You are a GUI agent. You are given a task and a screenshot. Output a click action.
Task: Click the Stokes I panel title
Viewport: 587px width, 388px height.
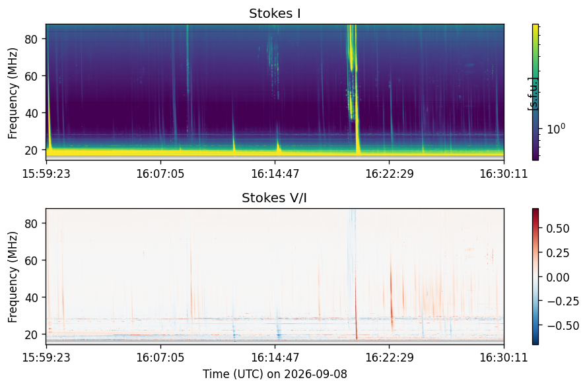click(x=275, y=13)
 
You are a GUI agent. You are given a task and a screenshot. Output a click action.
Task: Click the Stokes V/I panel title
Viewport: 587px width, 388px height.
click(x=275, y=198)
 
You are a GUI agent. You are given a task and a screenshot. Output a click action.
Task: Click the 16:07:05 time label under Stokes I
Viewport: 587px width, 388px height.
click(x=160, y=174)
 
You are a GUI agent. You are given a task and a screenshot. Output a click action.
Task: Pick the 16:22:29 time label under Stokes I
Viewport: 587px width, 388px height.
click(x=390, y=174)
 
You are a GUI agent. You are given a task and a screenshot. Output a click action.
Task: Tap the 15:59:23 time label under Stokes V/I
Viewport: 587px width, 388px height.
click(x=46, y=358)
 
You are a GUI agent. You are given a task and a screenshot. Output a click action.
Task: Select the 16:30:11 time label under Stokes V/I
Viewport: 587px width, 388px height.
click(x=504, y=358)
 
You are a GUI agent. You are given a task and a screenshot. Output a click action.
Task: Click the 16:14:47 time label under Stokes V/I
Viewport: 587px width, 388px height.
click(x=275, y=358)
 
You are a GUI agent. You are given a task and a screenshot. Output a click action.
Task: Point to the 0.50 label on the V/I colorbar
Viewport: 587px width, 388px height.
click(x=558, y=229)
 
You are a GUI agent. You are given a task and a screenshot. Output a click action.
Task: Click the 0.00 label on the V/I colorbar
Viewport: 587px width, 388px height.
click(x=558, y=278)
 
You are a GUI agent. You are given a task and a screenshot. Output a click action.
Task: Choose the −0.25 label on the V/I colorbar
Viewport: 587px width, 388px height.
click(x=563, y=301)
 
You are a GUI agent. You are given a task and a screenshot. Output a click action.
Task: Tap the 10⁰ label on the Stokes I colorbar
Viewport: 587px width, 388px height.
click(x=556, y=130)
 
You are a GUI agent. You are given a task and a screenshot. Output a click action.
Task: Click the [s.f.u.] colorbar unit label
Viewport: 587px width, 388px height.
click(x=532, y=94)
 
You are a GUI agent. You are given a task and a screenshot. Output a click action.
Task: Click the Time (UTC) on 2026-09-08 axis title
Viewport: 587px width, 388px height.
click(x=275, y=374)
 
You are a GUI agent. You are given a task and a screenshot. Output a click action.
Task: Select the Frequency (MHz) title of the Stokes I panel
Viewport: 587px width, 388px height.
click(x=13, y=93)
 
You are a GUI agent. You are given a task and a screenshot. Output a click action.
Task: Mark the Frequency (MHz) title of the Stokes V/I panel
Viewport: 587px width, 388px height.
click(x=13, y=277)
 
